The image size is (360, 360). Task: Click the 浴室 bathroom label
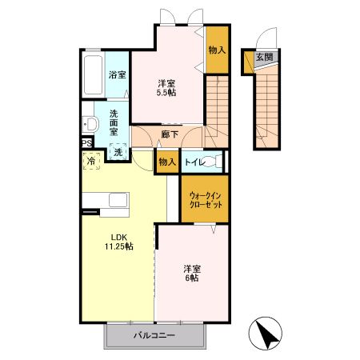(x=117, y=74)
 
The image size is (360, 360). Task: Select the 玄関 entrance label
(x=265, y=57)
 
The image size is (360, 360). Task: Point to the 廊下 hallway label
(x=168, y=135)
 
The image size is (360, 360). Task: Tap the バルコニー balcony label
(x=154, y=336)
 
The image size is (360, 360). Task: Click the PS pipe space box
(x=86, y=145)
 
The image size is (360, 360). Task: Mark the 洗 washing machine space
(x=117, y=152)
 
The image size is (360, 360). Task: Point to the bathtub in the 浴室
(x=93, y=76)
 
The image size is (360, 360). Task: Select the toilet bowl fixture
(x=211, y=162)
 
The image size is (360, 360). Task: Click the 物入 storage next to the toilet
(x=166, y=162)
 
